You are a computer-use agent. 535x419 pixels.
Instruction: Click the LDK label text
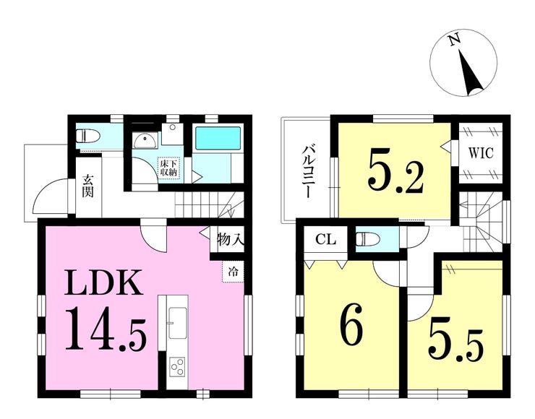coord(103,282)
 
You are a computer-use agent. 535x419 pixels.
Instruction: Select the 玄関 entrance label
coord(87,186)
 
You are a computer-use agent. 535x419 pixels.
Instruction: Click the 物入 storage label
coord(231,240)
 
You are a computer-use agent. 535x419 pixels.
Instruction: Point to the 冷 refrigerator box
coord(234,272)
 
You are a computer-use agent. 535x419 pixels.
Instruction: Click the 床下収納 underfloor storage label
coord(168,168)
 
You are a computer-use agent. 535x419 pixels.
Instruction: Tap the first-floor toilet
coord(87,137)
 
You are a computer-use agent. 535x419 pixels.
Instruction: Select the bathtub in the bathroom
coord(218,138)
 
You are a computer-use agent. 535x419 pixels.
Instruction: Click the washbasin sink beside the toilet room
coord(146,140)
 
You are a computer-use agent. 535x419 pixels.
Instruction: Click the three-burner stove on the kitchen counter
coord(177,367)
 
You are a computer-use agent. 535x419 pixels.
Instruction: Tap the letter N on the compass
coord(455,41)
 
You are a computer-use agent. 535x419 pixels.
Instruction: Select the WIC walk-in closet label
coord(480,153)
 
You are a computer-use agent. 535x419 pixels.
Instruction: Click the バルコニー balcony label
coord(309,171)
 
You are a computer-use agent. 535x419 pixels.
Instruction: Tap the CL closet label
coord(325,240)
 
